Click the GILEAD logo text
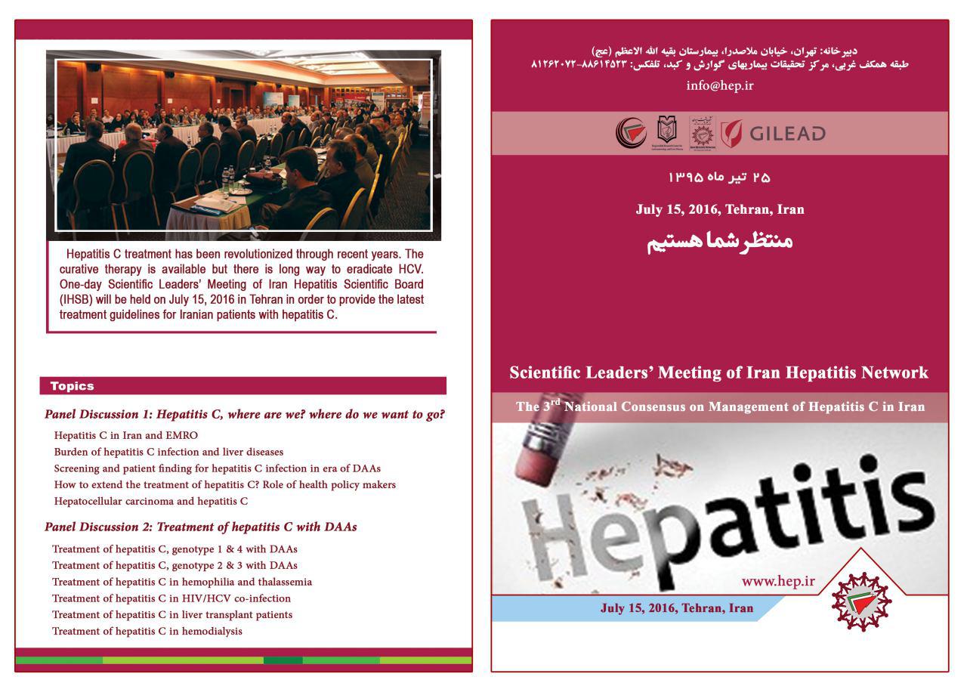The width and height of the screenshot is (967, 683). (787, 134)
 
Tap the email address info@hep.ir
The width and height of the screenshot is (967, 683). (719, 85)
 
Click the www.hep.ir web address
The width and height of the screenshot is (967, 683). (778, 581)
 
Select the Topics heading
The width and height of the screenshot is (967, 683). (73, 386)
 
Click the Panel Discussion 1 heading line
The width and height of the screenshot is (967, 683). (244, 415)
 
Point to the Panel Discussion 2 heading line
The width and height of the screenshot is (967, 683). (200, 527)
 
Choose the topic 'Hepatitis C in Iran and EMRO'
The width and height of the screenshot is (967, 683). (126, 435)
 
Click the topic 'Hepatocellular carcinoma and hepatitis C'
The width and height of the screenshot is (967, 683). (151, 501)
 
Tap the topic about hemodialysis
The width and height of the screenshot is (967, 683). (147, 632)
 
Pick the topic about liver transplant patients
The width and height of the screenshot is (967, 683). (172, 615)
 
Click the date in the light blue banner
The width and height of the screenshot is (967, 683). (677, 608)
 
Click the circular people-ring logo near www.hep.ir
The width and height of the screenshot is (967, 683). (861, 601)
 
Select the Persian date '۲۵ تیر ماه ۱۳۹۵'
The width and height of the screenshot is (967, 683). (719, 178)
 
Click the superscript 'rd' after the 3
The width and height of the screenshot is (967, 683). (555, 402)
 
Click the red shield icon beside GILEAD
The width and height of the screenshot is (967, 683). (731, 134)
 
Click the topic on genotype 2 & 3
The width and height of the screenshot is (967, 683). (175, 566)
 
